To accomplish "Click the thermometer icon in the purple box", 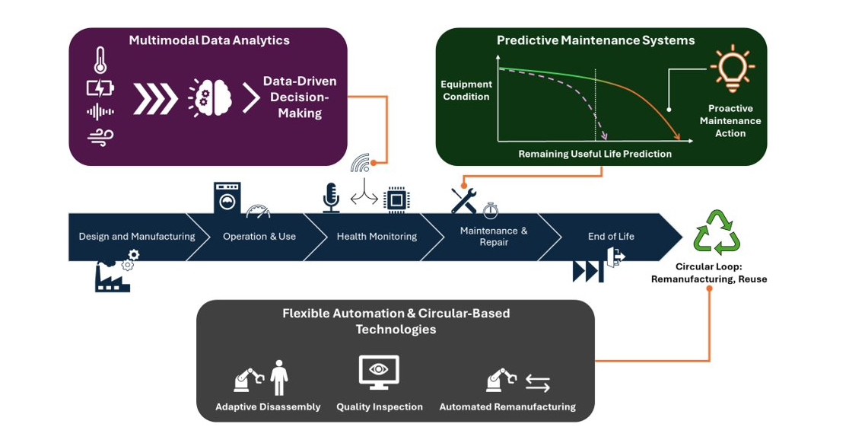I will (100, 60).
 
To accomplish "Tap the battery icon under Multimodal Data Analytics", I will (100, 88).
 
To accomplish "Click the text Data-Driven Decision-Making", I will (300, 97).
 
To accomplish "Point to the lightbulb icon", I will (732, 67).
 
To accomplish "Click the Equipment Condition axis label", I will (466, 91).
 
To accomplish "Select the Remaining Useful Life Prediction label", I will (595, 154).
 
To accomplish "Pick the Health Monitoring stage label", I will (377, 237).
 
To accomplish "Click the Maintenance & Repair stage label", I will (494, 236).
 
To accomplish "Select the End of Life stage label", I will (611, 237).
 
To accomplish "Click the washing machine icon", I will (227, 198).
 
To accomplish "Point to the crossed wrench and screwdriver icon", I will (463, 200).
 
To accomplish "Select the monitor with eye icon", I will (379, 372).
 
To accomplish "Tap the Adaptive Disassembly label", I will (268, 407).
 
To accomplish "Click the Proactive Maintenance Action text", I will (730, 121).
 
